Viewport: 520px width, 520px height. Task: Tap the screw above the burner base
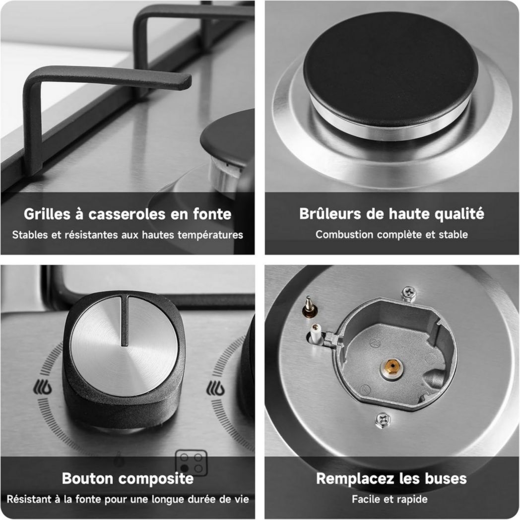coord(409,294)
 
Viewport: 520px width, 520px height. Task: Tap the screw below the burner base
coord(383,420)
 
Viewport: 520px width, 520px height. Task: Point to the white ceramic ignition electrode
coord(314,333)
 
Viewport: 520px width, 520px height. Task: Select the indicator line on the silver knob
coord(125,321)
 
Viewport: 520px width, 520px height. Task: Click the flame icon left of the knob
coord(43,387)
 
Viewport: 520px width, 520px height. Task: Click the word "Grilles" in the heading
coord(47,214)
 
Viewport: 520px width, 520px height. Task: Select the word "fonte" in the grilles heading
coord(212,214)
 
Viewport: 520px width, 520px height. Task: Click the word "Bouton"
coord(87,478)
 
